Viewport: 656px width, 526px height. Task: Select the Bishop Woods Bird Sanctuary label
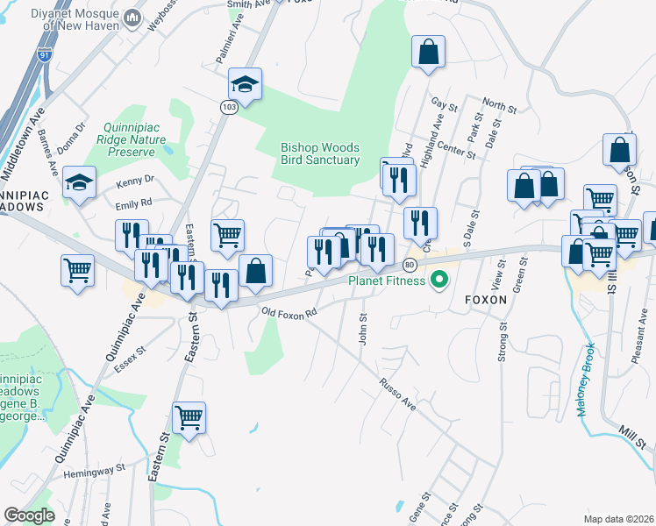pos(320,153)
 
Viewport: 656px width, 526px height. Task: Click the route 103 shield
pos(228,106)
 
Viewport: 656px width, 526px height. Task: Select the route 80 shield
pos(410,265)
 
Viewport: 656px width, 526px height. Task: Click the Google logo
pos(29,515)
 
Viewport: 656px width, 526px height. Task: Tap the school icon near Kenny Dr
pos(79,182)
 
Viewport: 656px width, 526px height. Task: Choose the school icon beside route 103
pos(246,84)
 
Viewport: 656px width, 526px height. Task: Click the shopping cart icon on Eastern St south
pos(189,417)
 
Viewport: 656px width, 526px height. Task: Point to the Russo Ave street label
pos(396,394)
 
